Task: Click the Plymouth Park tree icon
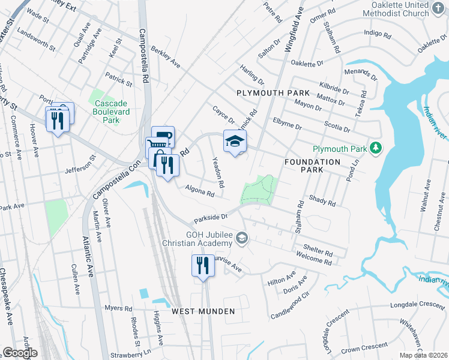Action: tap(376, 148)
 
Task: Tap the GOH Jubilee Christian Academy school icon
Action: tap(241, 239)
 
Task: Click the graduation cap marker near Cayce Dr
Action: tap(235, 142)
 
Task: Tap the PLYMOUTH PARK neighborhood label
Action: tap(273, 93)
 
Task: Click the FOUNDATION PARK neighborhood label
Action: tap(312, 162)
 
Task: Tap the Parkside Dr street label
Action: tap(211, 217)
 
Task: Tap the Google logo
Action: tap(20, 353)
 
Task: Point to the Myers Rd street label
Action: tap(118, 308)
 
